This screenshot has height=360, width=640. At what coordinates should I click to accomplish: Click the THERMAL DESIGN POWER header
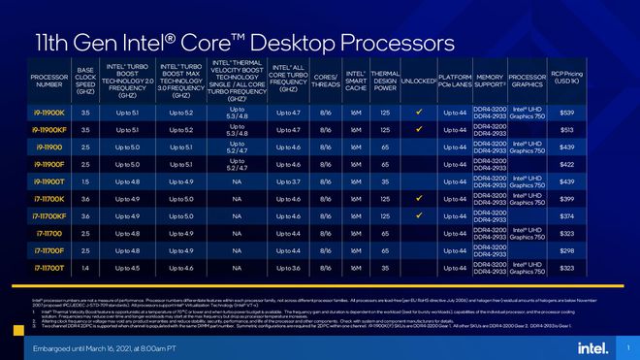click(385, 80)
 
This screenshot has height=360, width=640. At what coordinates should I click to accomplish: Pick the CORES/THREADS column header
click(326, 80)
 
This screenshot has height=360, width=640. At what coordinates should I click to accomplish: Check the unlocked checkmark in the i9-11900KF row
click(417, 130)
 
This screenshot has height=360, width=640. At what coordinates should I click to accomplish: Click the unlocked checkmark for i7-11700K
click(417, 198)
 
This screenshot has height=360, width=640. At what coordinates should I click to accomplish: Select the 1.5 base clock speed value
click(86, 181)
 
